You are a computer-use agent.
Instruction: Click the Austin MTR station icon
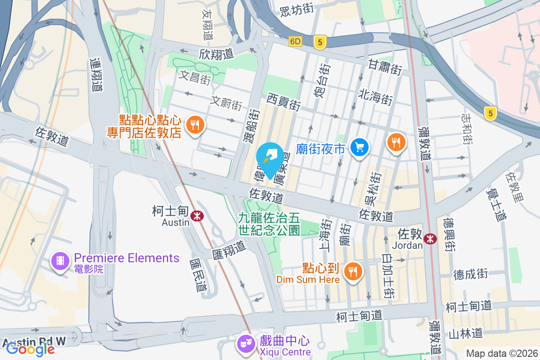click(x=197, y=216)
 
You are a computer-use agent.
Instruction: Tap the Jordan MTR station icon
click(x=431, y=239)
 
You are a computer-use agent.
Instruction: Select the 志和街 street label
click(x=466, y=128)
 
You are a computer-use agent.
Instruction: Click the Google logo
click(x=31, y=348)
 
